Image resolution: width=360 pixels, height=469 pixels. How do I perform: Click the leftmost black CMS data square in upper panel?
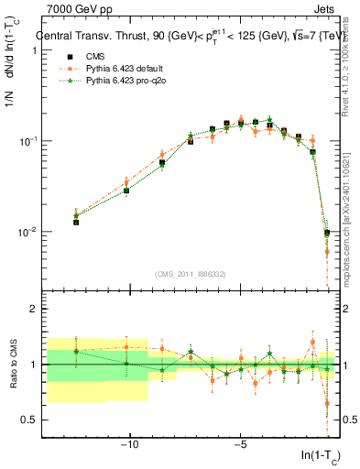pos(76,222)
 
